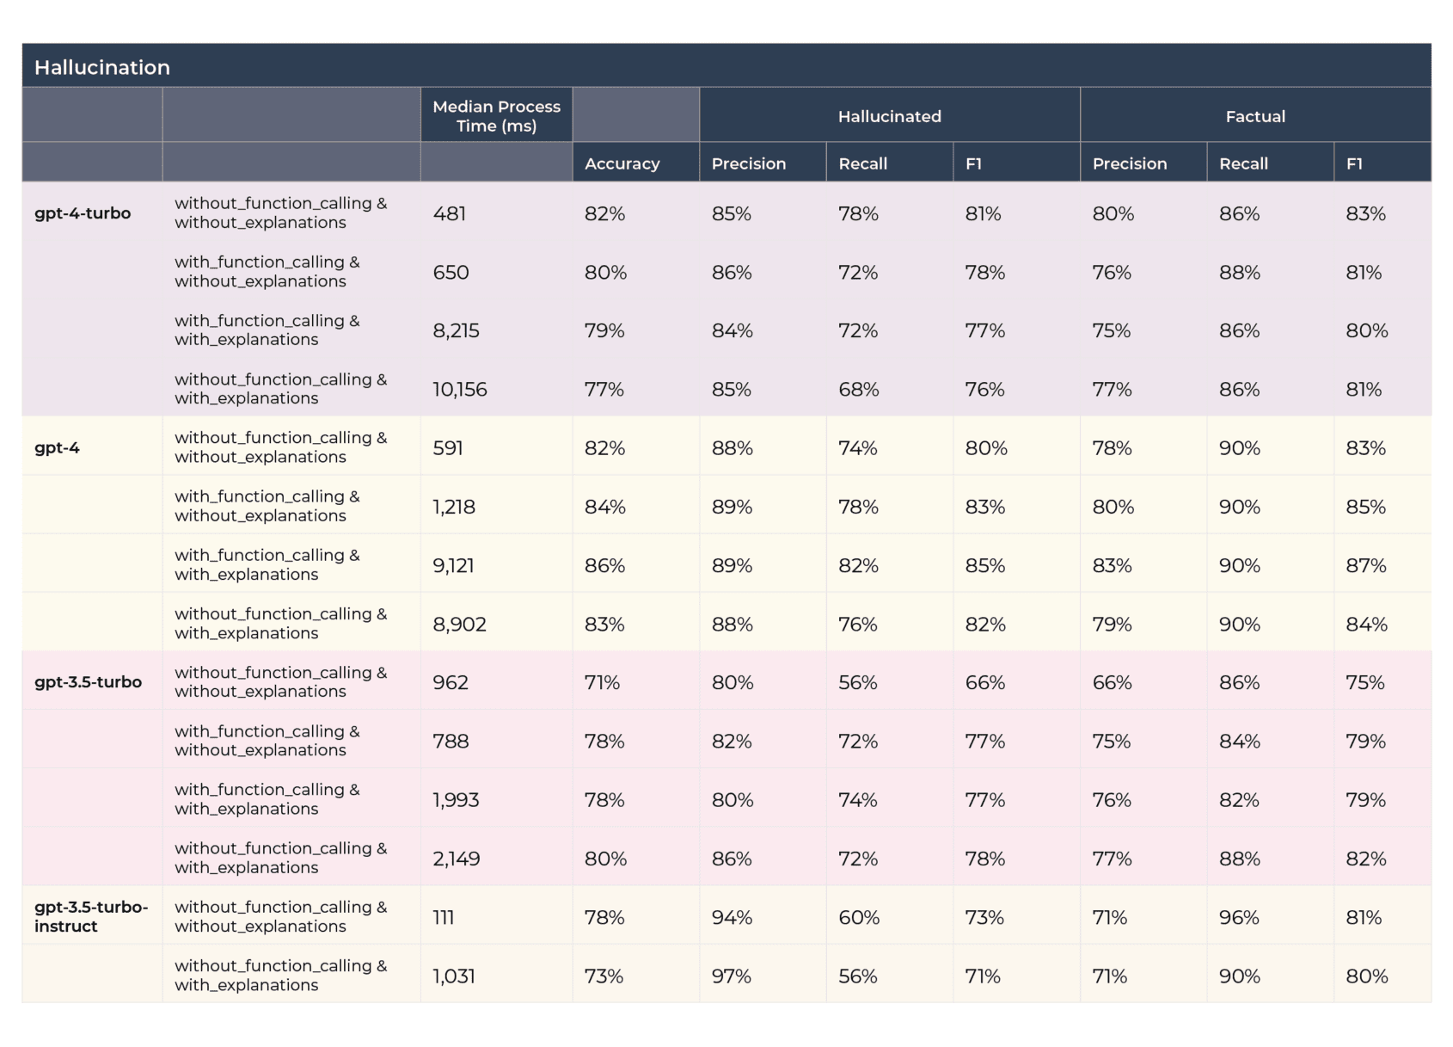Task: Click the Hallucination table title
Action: pos(102,67)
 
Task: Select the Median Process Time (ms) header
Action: pos(496,116)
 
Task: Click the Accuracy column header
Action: pos(622,163)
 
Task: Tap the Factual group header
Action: pos(1254,116)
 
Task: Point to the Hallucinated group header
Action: pos(889,116)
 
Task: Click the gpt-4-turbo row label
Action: pos(83,213)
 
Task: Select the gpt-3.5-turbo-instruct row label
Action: pos(90,916)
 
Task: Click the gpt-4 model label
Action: pos(57,447)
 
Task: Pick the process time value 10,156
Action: pos(459,390)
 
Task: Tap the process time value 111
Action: pos(443,917)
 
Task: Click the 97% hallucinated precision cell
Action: pos(731,976)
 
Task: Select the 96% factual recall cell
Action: pos(1239,917)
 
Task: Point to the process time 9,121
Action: pos(453,565)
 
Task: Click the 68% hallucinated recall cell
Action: pos(858,390)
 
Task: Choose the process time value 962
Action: pos(451,682)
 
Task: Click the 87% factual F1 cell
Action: pos(1365,565)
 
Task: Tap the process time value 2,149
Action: pos(456,859)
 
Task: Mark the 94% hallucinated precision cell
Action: pos(731,917)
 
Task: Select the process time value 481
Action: pos(449,213)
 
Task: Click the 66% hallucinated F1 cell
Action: pos(984,682)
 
